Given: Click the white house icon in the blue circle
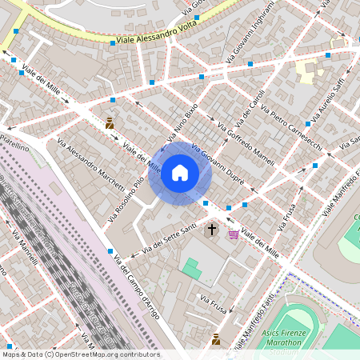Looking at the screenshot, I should [180, 172].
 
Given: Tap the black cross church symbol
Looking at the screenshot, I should [212, 230].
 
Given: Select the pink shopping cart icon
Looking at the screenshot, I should [233, 234].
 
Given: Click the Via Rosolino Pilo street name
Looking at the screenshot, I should [127, 197].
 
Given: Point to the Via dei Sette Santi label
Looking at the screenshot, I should [170, 240].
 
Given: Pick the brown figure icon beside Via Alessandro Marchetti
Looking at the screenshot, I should [110, 123].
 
